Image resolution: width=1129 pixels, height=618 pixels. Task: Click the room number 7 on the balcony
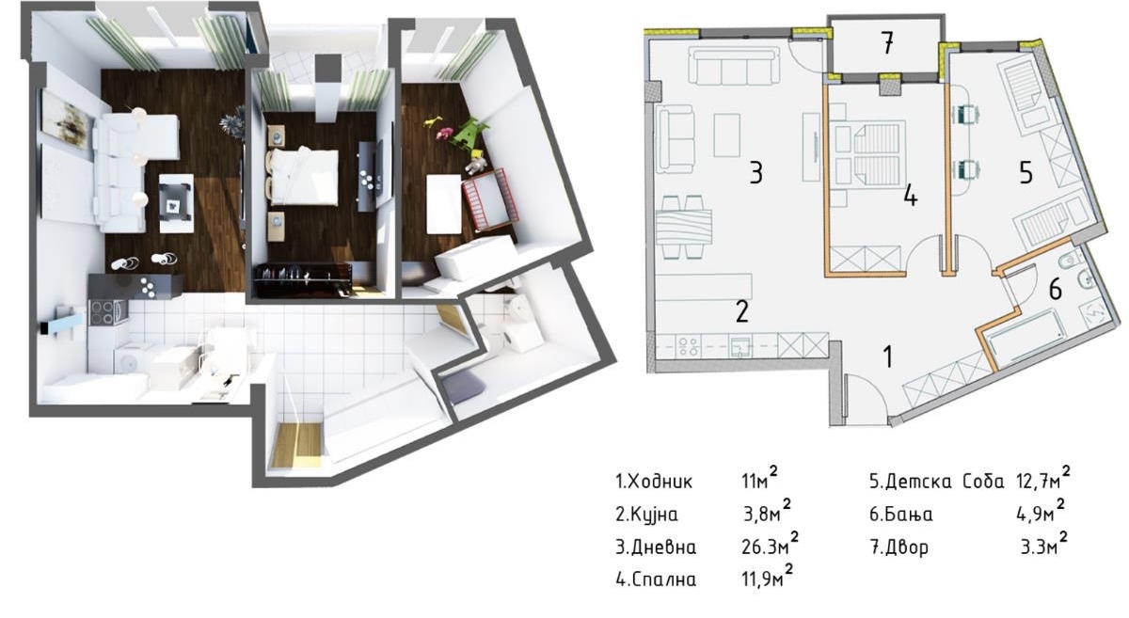[887, 43]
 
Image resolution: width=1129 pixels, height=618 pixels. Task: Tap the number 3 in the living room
[755, 173]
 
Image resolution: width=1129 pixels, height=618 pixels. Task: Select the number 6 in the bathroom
[1055, 290]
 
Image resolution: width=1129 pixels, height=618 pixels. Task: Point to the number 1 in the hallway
[888, 357]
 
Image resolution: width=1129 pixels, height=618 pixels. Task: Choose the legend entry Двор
[907, 547]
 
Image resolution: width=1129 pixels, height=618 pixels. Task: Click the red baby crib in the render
[490, 200]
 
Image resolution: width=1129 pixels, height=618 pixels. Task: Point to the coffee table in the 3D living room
[177, 203]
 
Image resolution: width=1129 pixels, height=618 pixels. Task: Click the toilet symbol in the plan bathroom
[1070, 261]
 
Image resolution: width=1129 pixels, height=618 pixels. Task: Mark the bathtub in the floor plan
[1025, 336]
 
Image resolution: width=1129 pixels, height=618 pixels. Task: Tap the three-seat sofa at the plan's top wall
[733, 66]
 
